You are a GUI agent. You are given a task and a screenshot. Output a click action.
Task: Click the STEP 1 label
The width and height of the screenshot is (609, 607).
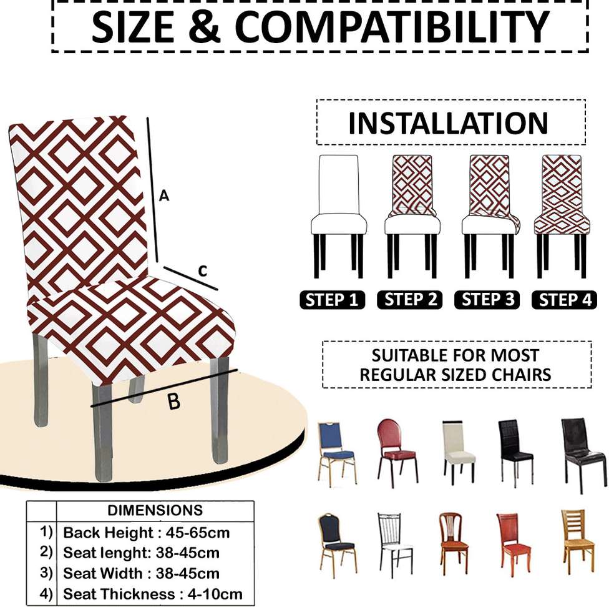pyautogui.click(x=333, y=300)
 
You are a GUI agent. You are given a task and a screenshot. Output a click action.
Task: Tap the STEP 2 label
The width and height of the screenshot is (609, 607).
pyautogui.click(x=409, y=300)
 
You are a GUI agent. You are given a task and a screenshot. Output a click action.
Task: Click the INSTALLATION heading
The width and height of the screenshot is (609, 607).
pyautogui.click(x=448, y=123)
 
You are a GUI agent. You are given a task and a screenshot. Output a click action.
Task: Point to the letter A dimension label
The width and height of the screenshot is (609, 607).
pyautogui.click(x=163, y=196)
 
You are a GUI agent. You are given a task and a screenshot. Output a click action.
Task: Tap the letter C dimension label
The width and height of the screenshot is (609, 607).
pyautogui.click(x=202, y=271)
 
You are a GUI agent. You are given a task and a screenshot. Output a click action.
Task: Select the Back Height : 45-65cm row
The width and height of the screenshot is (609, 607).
pyautogui.click(x=146, y=533)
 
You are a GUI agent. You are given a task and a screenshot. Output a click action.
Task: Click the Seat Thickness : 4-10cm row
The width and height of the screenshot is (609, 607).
pyautogui.click(x=152, y=594)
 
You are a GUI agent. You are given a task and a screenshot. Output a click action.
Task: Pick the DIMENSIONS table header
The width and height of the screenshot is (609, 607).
pyautogui.click(x=155, y=510)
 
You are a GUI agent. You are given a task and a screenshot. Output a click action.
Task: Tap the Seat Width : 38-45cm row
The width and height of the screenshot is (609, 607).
pyautogui.click(x=141, y=573)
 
